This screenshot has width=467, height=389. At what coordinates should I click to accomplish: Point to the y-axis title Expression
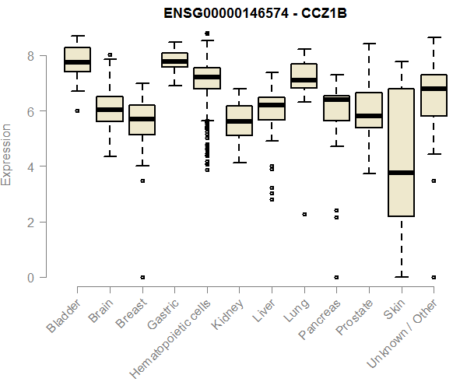coord(7,156)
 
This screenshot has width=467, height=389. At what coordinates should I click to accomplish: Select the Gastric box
coord(174,60)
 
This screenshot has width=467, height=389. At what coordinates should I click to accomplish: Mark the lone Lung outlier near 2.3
coord(304,214)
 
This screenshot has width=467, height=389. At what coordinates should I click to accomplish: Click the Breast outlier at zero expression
coord(142,277)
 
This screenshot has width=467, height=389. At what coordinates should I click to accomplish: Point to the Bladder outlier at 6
coord(77,111)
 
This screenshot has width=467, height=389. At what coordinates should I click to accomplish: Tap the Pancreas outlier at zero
coord(336,277)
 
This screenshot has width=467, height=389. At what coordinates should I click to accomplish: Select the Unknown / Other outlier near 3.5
coord(433,180)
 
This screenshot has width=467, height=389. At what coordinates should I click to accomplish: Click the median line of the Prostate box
coord(368,116)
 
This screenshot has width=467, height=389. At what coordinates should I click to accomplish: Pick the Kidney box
coord(239,121)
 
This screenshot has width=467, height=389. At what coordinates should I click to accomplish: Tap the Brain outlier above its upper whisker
coord(110,55)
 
